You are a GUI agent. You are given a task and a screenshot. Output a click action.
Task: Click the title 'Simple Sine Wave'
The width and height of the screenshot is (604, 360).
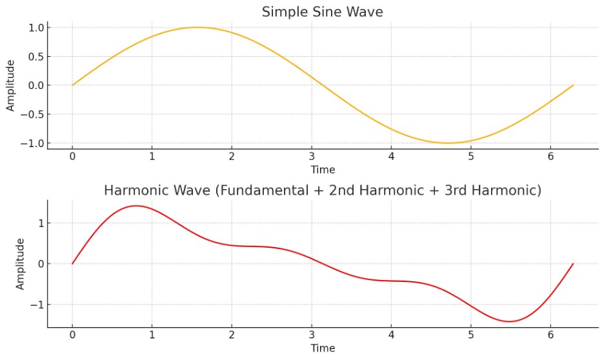pyautogui.click(x=322, y=12)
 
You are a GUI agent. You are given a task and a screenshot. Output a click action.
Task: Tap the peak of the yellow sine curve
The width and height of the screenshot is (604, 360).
pyautogui.click(x=197, y=27)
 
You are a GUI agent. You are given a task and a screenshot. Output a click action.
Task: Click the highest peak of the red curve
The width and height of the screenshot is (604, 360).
pyautogui.click(x=136, y=206)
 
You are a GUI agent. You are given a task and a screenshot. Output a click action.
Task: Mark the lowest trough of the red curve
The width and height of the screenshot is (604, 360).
pyautogui.click(x=510, y=321)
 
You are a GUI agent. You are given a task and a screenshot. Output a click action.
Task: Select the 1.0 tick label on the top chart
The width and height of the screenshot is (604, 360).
pyautogui.click(x=35, y=28)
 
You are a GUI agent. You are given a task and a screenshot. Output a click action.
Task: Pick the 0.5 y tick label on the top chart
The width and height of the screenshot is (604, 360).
pyautogui.click(x=35, y=56)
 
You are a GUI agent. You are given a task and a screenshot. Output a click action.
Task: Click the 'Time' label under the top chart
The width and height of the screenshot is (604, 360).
pyautogui.click(x=323, y=170)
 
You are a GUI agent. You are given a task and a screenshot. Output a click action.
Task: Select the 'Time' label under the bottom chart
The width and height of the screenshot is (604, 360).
pyautogui.click(x=323, y=348)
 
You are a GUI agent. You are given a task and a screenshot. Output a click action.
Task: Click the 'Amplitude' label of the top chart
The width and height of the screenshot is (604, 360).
pyautogui.click(x=10, y=86)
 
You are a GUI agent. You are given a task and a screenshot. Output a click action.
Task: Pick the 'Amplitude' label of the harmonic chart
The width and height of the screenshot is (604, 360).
pyautogui.click(x=20, y=264)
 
